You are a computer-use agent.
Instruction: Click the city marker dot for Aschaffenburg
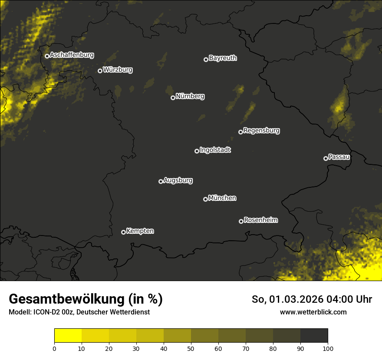coord(47,56)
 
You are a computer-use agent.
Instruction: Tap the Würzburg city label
coord(118,70)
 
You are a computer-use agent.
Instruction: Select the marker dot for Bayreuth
coord(206,59)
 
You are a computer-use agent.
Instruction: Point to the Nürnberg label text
coord(190,96)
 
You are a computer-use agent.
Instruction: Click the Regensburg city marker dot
coord(240,132)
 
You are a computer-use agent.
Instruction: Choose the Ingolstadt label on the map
coord(215,150)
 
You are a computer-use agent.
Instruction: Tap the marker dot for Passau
coord(326,158)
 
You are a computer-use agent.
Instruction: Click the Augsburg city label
coord(178,180)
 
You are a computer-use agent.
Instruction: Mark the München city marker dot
coord(205,199)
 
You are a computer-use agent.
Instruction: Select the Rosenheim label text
coord(260,220)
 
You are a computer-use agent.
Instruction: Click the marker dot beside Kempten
coord(123,232)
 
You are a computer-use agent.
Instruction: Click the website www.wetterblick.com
coord(313,312)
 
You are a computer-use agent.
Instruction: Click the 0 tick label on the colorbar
coord(54,348)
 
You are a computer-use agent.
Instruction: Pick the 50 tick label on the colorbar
coord(191,348)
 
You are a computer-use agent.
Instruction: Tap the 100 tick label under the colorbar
coord(328,348)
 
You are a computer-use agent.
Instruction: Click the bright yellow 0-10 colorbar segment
coord(68,336)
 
